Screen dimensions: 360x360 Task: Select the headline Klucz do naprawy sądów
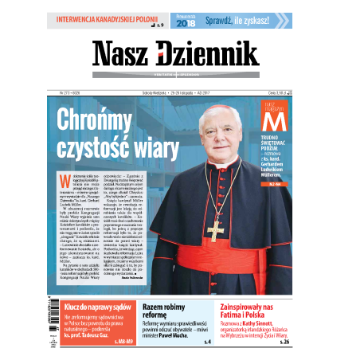[100, 307]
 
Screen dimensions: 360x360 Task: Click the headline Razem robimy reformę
[164, 311]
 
